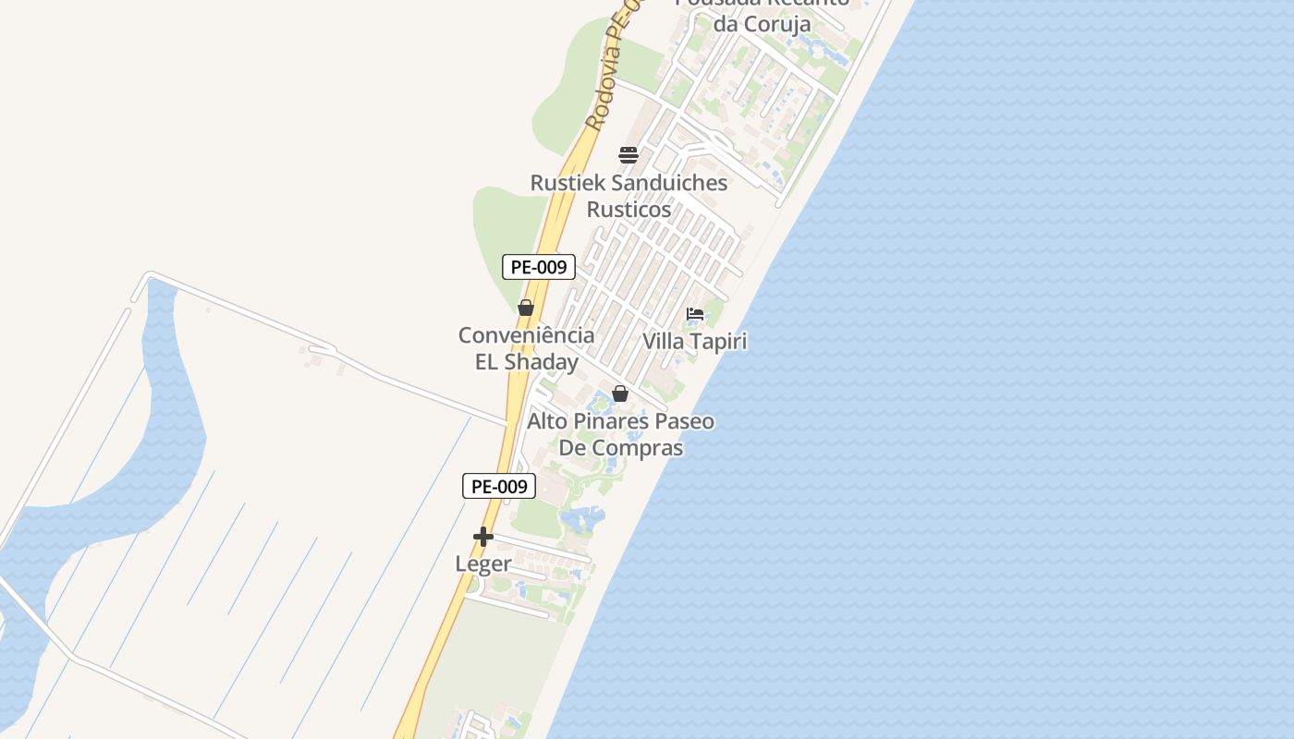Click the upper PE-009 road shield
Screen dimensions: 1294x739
[539, 267]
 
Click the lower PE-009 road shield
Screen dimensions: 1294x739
[499, 486]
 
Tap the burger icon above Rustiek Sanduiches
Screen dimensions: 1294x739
[629, 154]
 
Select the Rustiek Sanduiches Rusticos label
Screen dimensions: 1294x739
[629, 196]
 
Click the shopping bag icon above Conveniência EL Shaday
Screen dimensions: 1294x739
[526, 308]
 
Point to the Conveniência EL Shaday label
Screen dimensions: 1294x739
[526, 348]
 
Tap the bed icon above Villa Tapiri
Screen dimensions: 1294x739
[695, 315]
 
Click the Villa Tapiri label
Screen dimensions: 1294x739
[694, 341]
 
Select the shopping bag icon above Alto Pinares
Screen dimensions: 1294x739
[620, 394]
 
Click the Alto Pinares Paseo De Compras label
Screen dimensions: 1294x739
[620, 434]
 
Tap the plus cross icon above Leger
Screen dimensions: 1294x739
[482, 537]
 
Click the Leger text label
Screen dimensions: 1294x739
[483, 563]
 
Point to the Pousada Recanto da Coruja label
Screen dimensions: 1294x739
[762, 13]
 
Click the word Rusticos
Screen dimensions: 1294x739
[629, 210]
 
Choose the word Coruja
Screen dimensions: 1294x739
[775, 24]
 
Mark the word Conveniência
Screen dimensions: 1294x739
[526, 334]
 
